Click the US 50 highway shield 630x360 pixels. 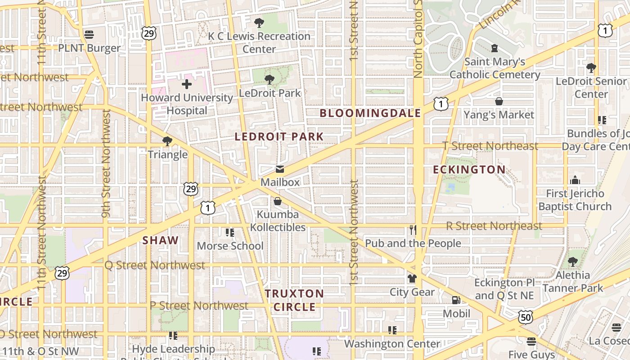525,318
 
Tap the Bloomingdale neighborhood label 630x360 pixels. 370,113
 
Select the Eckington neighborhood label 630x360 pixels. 469,170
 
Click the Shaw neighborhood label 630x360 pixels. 161,240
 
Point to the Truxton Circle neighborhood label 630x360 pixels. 294,300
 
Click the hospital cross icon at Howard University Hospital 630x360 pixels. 187,84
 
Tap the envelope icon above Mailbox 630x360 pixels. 280,169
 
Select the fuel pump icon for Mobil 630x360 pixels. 456,300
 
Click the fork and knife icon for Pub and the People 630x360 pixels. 413,230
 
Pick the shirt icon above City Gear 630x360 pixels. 412,279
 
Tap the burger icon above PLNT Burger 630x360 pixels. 89,35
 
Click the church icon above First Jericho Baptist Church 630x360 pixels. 575,180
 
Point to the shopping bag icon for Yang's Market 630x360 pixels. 499,101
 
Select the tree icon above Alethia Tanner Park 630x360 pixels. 572,261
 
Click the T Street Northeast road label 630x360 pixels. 490,146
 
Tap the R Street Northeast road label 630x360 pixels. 494,226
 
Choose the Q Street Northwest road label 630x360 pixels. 155,265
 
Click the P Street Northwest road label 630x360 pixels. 198,306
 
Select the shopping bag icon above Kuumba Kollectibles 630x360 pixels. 278,201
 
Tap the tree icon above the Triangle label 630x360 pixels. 167,141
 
